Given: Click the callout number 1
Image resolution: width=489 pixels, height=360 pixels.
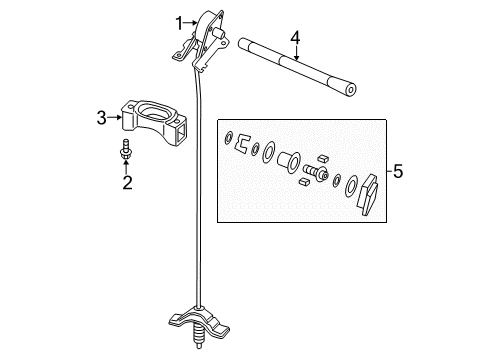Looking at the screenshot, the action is (x=179, y=23).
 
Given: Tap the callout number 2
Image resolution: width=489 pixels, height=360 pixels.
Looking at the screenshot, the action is (x=127, y=182).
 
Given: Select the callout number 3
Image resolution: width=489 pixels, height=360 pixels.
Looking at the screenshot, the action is (x=102, y=118).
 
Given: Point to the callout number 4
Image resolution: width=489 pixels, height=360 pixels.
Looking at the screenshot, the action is (x=295, y=38).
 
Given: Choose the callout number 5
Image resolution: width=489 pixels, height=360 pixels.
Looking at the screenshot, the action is (x=398, y=171).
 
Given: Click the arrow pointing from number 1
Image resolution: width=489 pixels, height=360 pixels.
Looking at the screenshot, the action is (x=190, y=23).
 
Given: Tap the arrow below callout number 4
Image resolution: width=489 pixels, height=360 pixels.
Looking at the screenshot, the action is (x=296, y=53).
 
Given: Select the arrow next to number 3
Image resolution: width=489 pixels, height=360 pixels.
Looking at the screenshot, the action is (x=115, y=117).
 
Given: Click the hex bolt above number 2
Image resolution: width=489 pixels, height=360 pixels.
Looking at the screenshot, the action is (x=126, y=149).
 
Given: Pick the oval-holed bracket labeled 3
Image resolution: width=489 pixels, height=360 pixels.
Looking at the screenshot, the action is (x=153, y=121).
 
